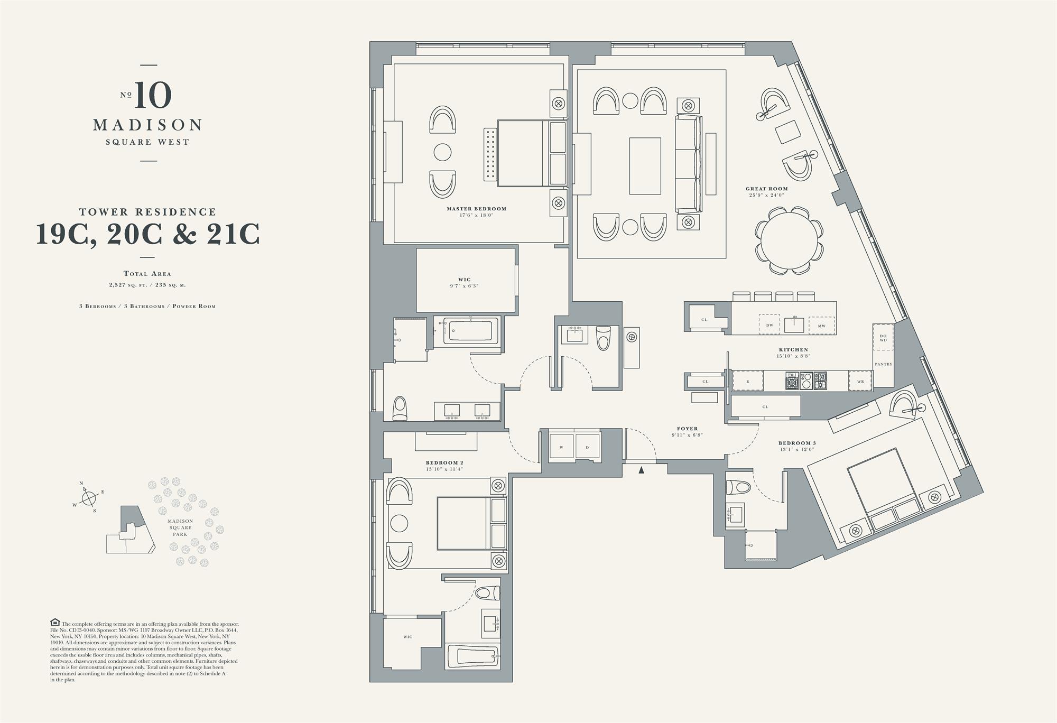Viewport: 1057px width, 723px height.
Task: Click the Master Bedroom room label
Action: click(x=476, y=209)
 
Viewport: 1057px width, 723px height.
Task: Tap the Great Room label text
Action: click(x=766, y=189)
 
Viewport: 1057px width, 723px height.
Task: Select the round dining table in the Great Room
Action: click(x=789, y=240)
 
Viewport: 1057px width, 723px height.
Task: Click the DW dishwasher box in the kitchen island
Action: click(x=769, y=325)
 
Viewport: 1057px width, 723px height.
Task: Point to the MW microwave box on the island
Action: click(x=821, y=326)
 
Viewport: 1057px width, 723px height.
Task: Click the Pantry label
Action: click(x=883, y=364)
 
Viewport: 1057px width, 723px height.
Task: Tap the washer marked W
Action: click(x=561, y=447)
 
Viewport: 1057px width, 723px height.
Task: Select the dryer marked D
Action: click(x=587, y=447)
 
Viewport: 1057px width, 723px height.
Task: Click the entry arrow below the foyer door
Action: click(x=641, y=470)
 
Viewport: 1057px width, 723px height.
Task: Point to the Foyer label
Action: click(x=687, y=429)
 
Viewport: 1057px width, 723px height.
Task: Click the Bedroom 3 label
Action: click(x=797, y=443)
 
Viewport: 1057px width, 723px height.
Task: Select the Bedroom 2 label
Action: click(x=444, y=462)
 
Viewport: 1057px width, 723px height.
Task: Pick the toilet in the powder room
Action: click(x=603, y=338)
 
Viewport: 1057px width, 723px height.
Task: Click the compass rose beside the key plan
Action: click(x=89, y=497)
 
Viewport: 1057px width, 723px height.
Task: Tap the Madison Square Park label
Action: click(x=180, y=527)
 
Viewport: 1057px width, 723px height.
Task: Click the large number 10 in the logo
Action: click(x=153, y=95)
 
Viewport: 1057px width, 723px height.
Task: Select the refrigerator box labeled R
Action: click(x=748, y=381)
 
